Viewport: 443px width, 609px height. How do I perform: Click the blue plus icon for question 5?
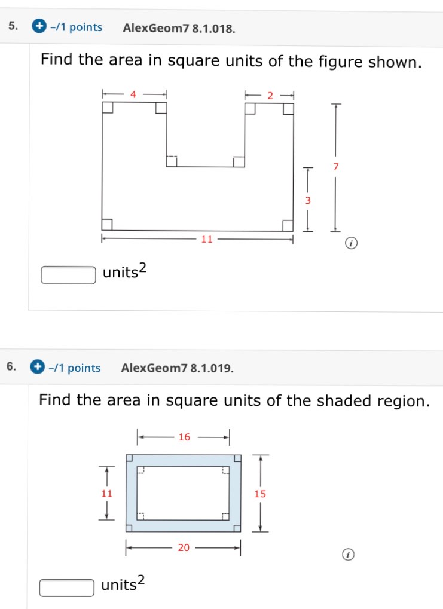point(39,27)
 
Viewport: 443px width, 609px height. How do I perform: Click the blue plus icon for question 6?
point(38,367)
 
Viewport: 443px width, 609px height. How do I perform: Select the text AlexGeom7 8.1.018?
point(178,27)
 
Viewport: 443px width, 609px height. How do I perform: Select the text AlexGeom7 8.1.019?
point(177,368)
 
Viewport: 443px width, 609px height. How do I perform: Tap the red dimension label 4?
point(133,94)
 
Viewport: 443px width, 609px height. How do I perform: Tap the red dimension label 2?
point(270,94)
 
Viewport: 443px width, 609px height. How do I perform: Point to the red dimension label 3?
point(308,201)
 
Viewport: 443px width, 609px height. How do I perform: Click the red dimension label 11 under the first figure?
point(207,240)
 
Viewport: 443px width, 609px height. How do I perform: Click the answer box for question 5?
point(68,275)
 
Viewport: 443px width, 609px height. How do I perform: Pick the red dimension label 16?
point(184,437)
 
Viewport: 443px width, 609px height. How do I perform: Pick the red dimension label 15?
point(259,494)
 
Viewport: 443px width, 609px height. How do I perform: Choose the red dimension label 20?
point(183,547)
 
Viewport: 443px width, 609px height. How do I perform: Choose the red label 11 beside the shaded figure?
point(106,494)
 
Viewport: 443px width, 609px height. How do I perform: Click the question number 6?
point(11,367)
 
